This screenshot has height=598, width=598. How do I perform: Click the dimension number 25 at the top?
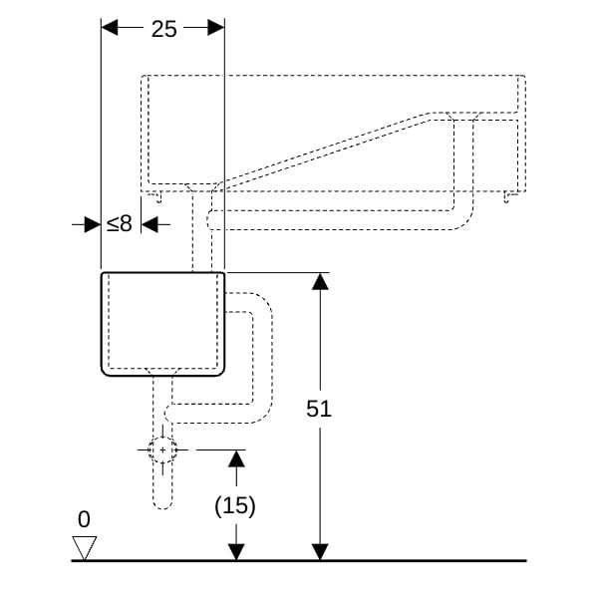164,29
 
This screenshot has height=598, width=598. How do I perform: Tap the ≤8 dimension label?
120,224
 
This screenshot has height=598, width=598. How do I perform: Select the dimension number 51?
319,409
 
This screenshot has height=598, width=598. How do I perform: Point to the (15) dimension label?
235,506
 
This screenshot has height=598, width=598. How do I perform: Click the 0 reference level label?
84,519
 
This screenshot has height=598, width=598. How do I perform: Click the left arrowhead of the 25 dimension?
110,28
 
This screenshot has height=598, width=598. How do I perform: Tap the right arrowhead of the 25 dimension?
216,28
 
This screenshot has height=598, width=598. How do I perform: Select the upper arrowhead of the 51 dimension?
320,281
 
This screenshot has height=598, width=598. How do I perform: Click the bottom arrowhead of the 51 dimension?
320,552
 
